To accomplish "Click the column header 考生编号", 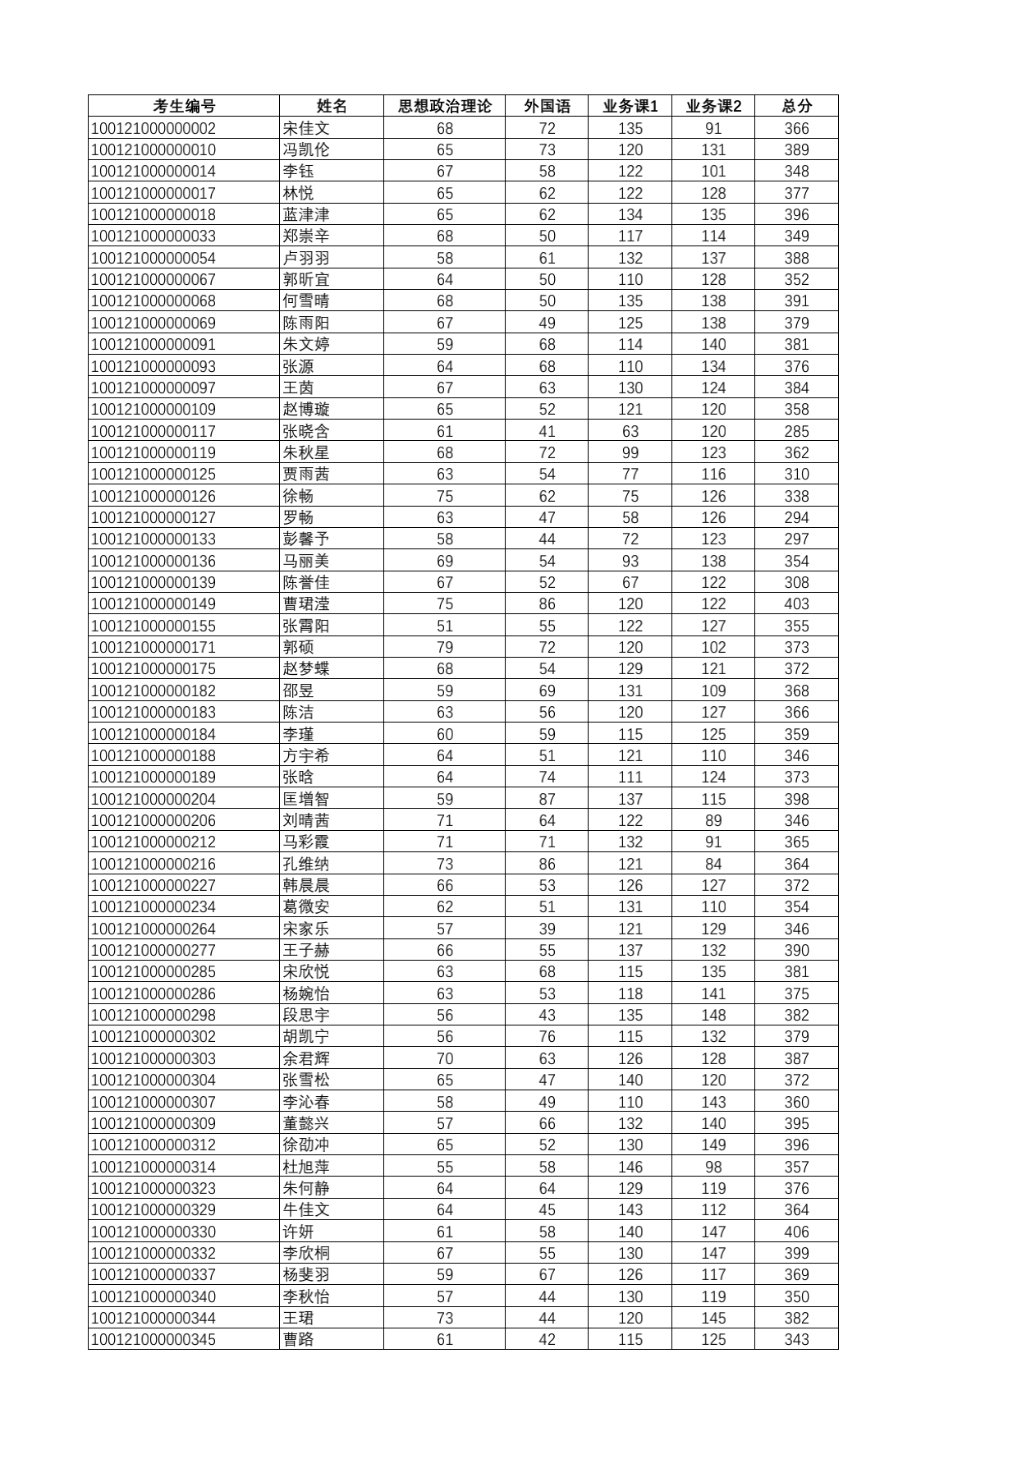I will pos(184,106).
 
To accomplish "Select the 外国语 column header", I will pos(547,106).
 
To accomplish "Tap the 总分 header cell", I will pos(796,106).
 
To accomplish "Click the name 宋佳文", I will pos(306,128).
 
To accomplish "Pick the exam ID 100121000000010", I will pos(154,149).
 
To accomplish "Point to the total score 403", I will pos(796,603).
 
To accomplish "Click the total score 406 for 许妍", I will pos(796,1232).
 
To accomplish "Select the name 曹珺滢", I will pos(306,603).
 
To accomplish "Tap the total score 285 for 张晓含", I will pos(796,431).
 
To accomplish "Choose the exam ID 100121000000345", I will pos(154,1339).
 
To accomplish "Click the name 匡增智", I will pos(306,799).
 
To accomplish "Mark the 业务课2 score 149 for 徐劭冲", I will pos(713,1145).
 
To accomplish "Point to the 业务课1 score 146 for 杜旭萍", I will pos(630,1167).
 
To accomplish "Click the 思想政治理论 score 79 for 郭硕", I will pos(445,647).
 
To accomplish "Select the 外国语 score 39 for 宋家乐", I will pos(547,929).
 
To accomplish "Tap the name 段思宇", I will pos(306,1015).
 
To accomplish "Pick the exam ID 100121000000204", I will pos(154,799).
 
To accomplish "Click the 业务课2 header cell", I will pos(713,106).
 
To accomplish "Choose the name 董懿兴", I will pos(306,1123).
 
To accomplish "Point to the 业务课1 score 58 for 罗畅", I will pos(630,517).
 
